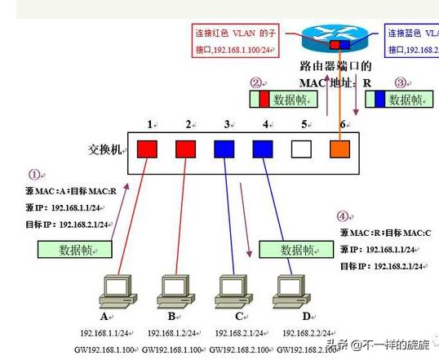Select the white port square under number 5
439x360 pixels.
pos(301,149)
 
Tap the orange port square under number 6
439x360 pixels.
pos(340,149)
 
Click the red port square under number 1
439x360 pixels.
pos(148,149)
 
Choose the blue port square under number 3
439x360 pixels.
pos(224,149)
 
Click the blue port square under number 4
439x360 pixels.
pos(263,149)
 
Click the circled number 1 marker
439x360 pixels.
pos(33,174)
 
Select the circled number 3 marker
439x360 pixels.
pos(399,82)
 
